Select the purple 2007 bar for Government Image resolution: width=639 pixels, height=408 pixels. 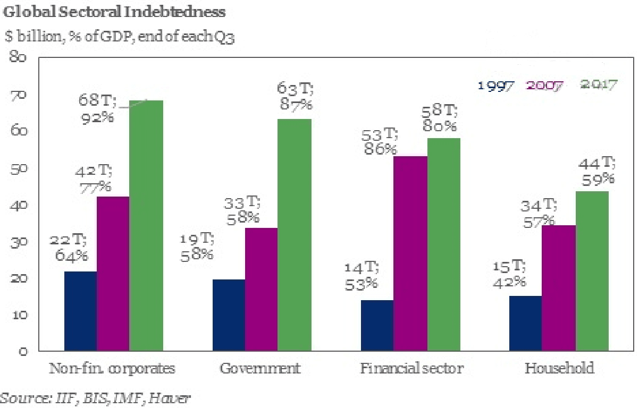point(261,290)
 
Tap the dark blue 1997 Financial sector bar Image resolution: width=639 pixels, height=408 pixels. point(377,326)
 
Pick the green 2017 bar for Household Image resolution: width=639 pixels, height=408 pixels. point(592,271)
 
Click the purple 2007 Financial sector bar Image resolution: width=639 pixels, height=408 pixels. point(410,253)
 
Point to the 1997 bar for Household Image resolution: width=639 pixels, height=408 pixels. point(525,324)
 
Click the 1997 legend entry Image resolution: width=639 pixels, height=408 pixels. point(496,85)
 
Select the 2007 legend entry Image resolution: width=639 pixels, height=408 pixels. point(544,85)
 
